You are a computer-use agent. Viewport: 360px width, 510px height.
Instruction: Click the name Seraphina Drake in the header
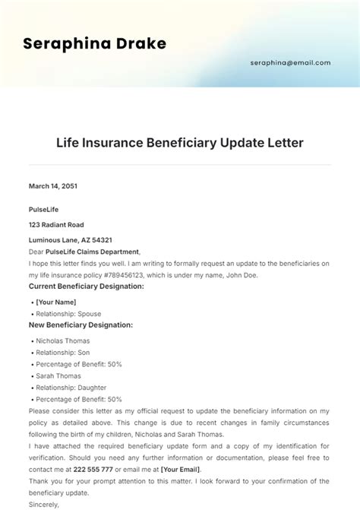click(x=94, y=43)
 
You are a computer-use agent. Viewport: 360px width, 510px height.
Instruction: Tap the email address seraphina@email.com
click(x=290, y=63)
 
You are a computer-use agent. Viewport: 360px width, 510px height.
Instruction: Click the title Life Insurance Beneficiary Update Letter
click(x=180, y=143)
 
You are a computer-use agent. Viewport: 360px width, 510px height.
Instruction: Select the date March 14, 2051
click(x=53, y=185)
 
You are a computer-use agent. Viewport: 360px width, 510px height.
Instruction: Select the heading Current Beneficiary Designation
click(x=86, y=287)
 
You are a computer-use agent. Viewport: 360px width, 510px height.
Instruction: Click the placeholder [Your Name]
click(x=56, y=302)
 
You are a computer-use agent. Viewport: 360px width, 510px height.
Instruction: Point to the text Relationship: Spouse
click(x=68, y=313)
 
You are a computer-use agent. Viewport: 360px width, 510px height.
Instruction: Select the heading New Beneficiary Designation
click(x=81, y=325)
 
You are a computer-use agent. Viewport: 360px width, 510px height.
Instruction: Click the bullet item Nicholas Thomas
click(x=62, y=341)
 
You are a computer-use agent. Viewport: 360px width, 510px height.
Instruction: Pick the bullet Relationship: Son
click(x=64, y=352)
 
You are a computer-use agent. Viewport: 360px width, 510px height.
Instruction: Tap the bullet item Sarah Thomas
click(x=58, y=375)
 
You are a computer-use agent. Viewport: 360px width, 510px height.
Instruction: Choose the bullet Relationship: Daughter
click(x=71, y=387)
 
